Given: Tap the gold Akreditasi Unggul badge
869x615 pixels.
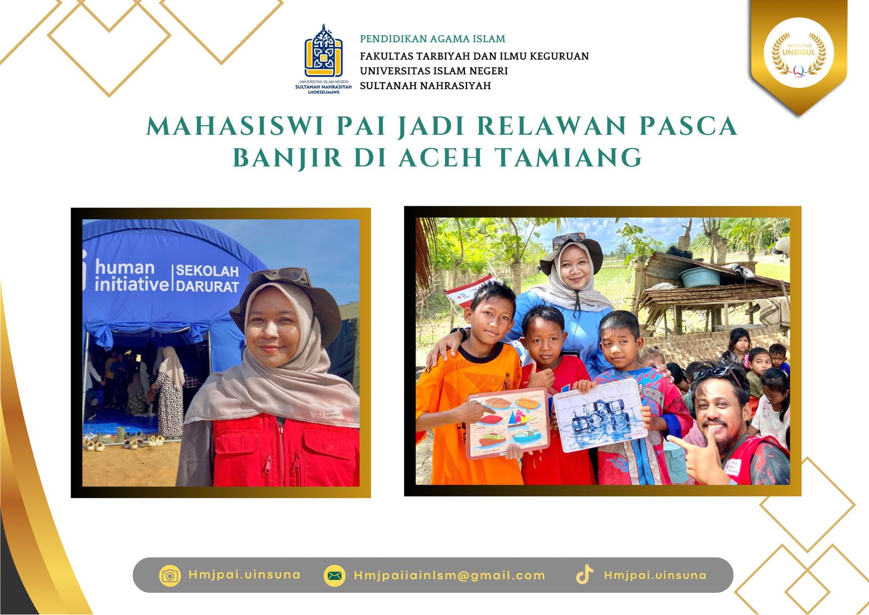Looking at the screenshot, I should [798, 53].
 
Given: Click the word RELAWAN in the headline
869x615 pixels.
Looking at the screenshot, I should [552, 126].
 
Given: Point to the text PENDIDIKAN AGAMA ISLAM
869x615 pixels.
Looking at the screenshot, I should [432, 39].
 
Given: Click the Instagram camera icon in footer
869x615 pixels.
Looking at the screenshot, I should [170, 575].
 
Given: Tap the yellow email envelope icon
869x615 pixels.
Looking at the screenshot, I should [335, 575].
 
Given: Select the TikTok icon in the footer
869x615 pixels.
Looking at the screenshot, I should [584, 575].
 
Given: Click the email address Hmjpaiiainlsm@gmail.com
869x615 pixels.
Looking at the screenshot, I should [449, 575].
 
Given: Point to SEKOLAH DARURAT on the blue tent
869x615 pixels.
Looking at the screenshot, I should [207, 278].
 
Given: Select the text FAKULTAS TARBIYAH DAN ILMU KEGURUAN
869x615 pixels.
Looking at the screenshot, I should [474, 56].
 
